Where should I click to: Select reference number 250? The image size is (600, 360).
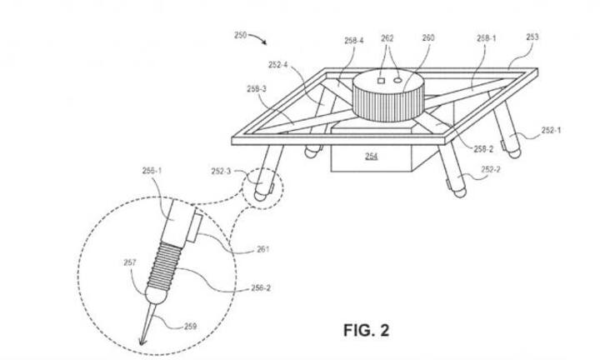pos(240,35)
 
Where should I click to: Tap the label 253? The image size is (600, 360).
pos(532,37)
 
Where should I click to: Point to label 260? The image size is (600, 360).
pos(428,37)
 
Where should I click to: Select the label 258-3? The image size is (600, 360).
pos(257,88)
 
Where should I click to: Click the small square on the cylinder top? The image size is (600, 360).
pos(380,81)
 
